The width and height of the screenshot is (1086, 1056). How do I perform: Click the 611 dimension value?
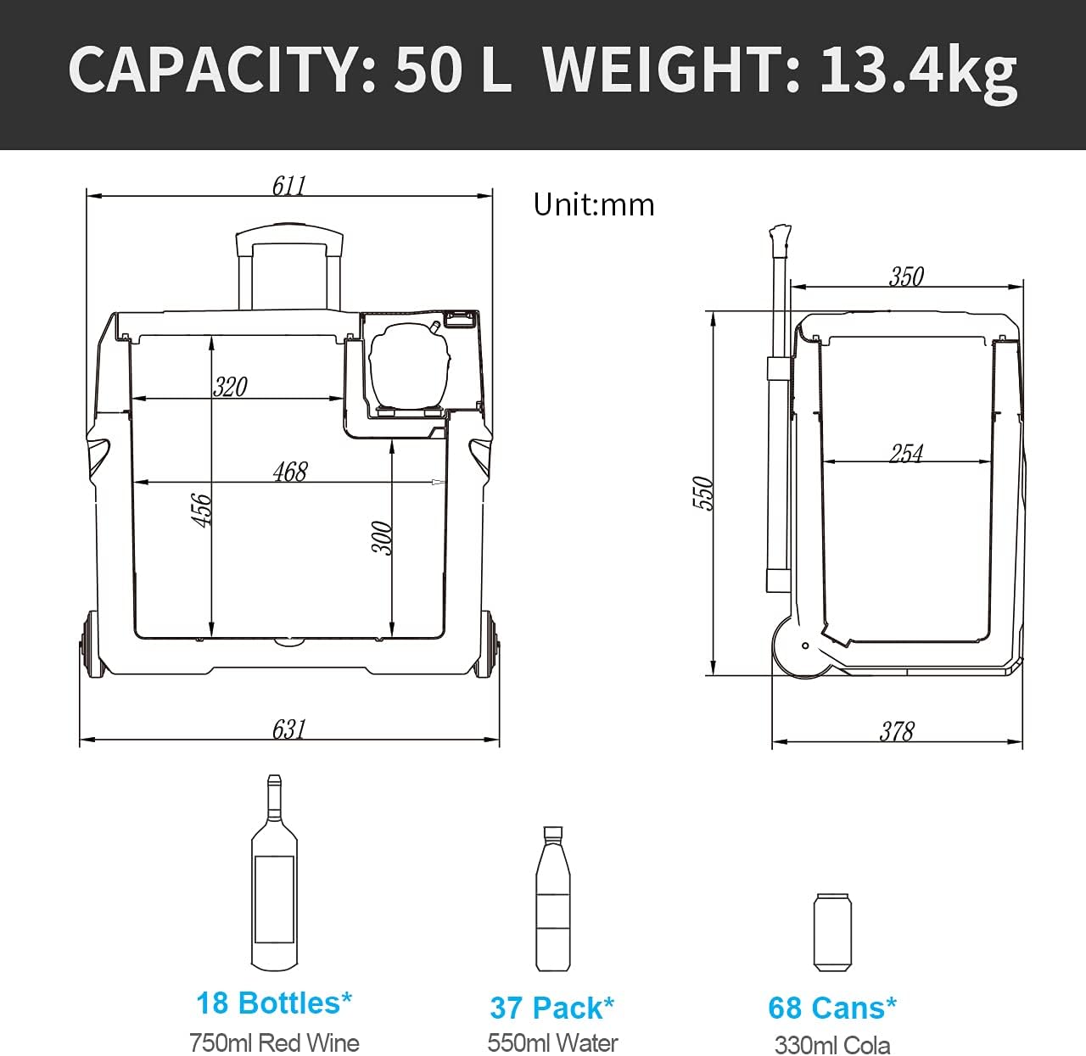[x=289, y=185]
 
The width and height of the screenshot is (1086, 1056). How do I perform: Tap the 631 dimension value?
[x=289, y=729]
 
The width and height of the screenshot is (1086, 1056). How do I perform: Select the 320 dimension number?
[x=230, y=387]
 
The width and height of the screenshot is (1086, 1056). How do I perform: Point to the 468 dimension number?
[x=290, y=472]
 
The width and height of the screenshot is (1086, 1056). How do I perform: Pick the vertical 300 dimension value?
[x=383, y=538]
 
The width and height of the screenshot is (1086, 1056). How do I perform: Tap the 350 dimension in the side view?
[x=906, y=277]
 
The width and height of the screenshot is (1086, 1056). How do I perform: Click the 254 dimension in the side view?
[x=906, y=453]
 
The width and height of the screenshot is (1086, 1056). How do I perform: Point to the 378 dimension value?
[x=897, y=730]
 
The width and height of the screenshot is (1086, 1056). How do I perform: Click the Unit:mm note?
[x=594, y=204]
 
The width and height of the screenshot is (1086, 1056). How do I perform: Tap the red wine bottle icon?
[x=274, y=873]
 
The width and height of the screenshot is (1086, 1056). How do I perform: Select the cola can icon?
[x=831, y=932]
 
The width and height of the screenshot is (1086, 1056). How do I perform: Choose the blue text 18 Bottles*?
[x=274, y=1003]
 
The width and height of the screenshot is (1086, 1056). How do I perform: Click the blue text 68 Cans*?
[x=831, y=1008]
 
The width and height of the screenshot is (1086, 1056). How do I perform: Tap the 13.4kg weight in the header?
[x=917, y=70]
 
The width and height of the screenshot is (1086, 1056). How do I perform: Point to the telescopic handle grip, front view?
[x=289, y=234]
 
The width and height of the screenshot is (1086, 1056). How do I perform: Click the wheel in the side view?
[x=801, y=647]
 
